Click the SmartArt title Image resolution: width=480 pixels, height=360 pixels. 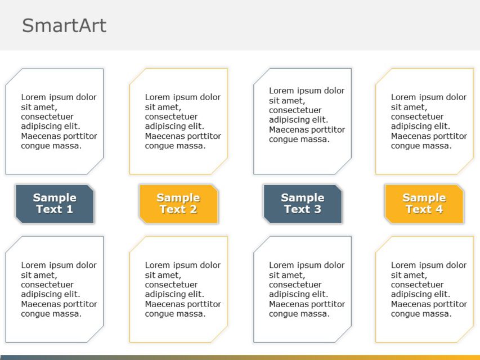[x=64, y=26]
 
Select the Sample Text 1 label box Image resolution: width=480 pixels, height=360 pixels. [x=55, y=204]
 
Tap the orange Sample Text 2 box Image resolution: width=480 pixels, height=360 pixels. [x=178, y=204]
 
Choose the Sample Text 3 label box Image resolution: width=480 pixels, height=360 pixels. [x=302, y=204]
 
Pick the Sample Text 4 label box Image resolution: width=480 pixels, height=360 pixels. [x=424, y=204]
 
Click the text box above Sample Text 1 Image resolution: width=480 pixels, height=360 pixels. [x=55, y=121]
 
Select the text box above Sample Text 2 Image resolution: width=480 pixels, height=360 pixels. [x=178, y=121]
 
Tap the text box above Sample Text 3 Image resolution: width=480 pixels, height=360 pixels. [x=302, y=121]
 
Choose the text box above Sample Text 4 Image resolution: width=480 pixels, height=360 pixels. [x=424, y=121]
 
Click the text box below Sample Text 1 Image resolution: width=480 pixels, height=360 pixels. [x=55, y=289]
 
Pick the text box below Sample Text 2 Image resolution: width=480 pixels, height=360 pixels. [x=178, y=289]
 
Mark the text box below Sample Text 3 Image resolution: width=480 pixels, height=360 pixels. [x=302, y=289]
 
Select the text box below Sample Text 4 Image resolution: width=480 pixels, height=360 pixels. [x=424, y=289]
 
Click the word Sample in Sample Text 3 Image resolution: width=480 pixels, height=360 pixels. [x=302, y=198]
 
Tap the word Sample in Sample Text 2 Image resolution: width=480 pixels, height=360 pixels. [x=178, y=198]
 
